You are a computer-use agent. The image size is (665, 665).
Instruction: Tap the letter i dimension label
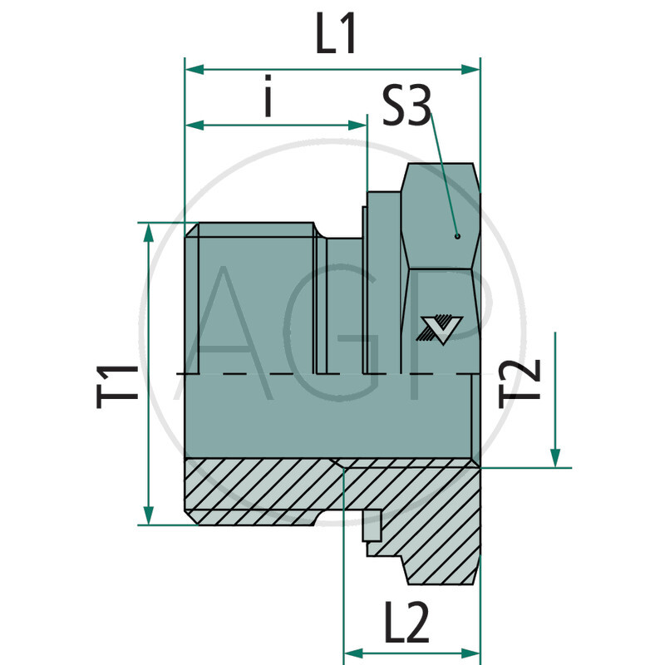268,98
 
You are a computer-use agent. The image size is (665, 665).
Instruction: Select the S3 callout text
406,108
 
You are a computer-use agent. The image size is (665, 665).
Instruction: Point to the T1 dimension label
117,383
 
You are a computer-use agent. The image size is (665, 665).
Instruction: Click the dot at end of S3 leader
457,236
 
